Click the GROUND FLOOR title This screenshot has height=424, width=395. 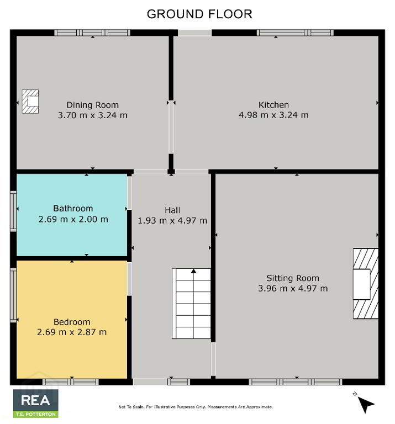pos(199,14)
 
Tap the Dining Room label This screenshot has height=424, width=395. pos(92,105)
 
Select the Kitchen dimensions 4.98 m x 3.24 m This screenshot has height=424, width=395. pos(273,115)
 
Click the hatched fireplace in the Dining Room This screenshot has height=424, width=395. pos(30,102)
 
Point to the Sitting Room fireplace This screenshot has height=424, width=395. pos(366,283)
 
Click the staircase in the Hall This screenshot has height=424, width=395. pos(191,304)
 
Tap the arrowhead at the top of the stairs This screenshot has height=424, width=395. pos(193,271)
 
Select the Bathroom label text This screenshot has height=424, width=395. pos(73,209)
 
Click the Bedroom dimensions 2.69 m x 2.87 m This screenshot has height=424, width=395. pos(72,332)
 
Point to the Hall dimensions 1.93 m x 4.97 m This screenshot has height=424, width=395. pos(172,221)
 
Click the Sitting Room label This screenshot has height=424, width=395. pos(293,278)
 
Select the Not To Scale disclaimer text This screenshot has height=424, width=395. pos(196,407)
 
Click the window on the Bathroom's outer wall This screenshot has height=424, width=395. pos(13,211)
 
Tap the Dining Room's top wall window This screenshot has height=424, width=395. pos(92,33)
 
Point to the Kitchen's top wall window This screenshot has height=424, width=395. pos(295,33)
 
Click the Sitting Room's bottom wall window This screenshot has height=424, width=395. pos(296,382)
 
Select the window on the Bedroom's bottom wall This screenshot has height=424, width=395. pos(71,382)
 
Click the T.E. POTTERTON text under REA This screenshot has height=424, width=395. pos(36,414)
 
